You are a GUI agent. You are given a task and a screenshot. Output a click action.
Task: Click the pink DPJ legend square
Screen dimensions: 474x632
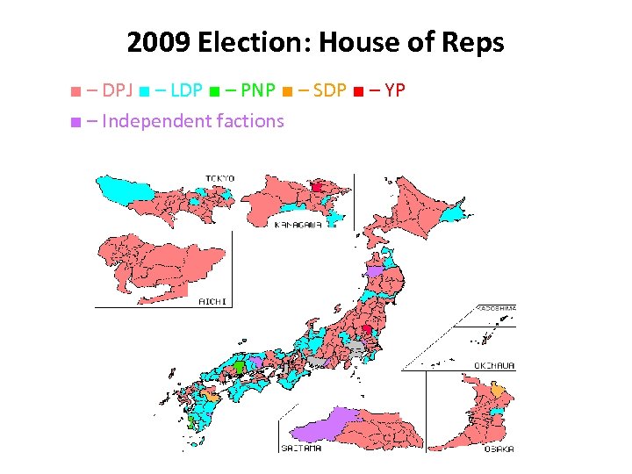(x=77, y=90)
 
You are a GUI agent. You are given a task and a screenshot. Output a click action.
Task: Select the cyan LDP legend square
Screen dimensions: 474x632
(x=143, y=90)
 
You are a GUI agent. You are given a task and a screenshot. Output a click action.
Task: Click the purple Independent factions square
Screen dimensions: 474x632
(x=77, y=121)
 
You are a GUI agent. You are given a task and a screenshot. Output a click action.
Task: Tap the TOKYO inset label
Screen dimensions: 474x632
(x=219, y=178)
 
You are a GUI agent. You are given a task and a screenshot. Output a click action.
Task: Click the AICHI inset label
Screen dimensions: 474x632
(x=212, y=301)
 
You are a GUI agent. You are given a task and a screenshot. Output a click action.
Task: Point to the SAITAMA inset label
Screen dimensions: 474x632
(x=301, y=448)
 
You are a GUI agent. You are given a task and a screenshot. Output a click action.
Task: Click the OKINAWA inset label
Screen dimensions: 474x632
(x=497, y=365)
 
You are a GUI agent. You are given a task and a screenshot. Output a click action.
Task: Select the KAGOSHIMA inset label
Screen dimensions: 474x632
(x=497, y=308)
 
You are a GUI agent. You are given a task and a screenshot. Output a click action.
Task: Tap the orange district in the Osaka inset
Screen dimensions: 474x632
(x=498, y=390)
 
